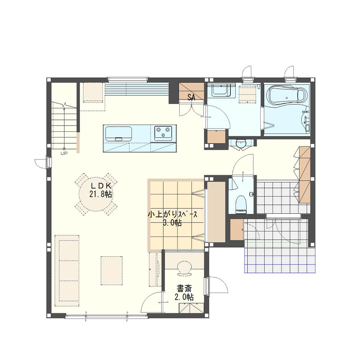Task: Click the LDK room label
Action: click(x=101, y=185)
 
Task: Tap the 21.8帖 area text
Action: click(x=100, y=194)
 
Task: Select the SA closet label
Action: click(x=191, y=97)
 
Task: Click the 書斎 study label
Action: click(x=184, y=288)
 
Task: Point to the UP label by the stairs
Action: click(x=64, y=153)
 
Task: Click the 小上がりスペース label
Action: click(x=172, y=215)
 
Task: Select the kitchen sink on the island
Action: click(x=118, y=134)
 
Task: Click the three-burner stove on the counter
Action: click(x=163, y=133)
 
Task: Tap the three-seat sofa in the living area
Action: click(x=67, y=270)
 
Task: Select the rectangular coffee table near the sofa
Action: click(x=112, y=271)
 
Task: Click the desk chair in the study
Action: click(x=184, y=268)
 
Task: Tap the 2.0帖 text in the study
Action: click(x=184, y=297)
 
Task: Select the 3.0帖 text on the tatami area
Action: click(x=172, y=223)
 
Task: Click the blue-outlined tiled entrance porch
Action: click(x=280, y=257)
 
